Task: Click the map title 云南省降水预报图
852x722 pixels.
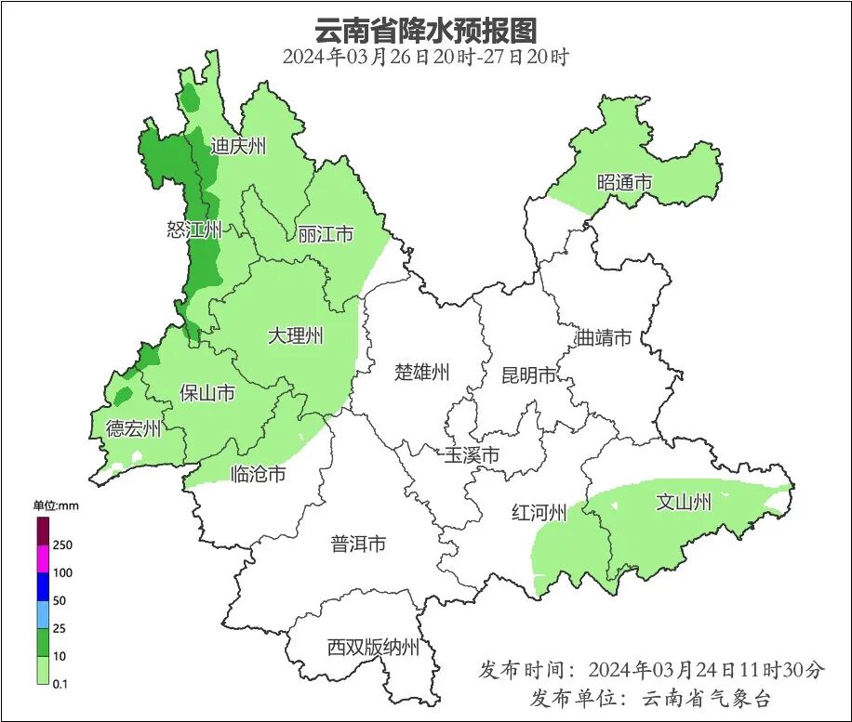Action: click(x=426, y=30)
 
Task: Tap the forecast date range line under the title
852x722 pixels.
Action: click(x=426, y=57)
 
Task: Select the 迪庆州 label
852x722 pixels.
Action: click(x=238, y=146)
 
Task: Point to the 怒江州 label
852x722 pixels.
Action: click(x=194, y=230)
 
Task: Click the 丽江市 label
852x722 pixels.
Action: click(x=326, y=234)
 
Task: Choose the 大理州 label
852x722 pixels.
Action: click(x=296, y=335)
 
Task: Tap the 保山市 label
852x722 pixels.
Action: click(x=207, y=393)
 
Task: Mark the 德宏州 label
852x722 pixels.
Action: click(x=133, y=428)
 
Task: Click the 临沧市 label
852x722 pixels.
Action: click(x=258, y=474)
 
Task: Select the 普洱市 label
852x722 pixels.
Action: click(x=358, y=545)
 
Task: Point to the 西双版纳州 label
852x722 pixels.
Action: click(x=373, y=648)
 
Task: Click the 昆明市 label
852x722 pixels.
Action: click(x=528, y=375)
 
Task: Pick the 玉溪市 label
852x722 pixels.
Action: click(x=472, y=455)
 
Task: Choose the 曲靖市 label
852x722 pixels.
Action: click(x=604, y=337)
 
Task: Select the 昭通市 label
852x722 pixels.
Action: click(x=624, y=182)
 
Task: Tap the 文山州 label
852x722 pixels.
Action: click(x=684, y=503)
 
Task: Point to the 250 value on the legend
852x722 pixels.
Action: click(x=63, y=545)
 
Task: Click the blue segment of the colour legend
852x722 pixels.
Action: click(x=43, y=586)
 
